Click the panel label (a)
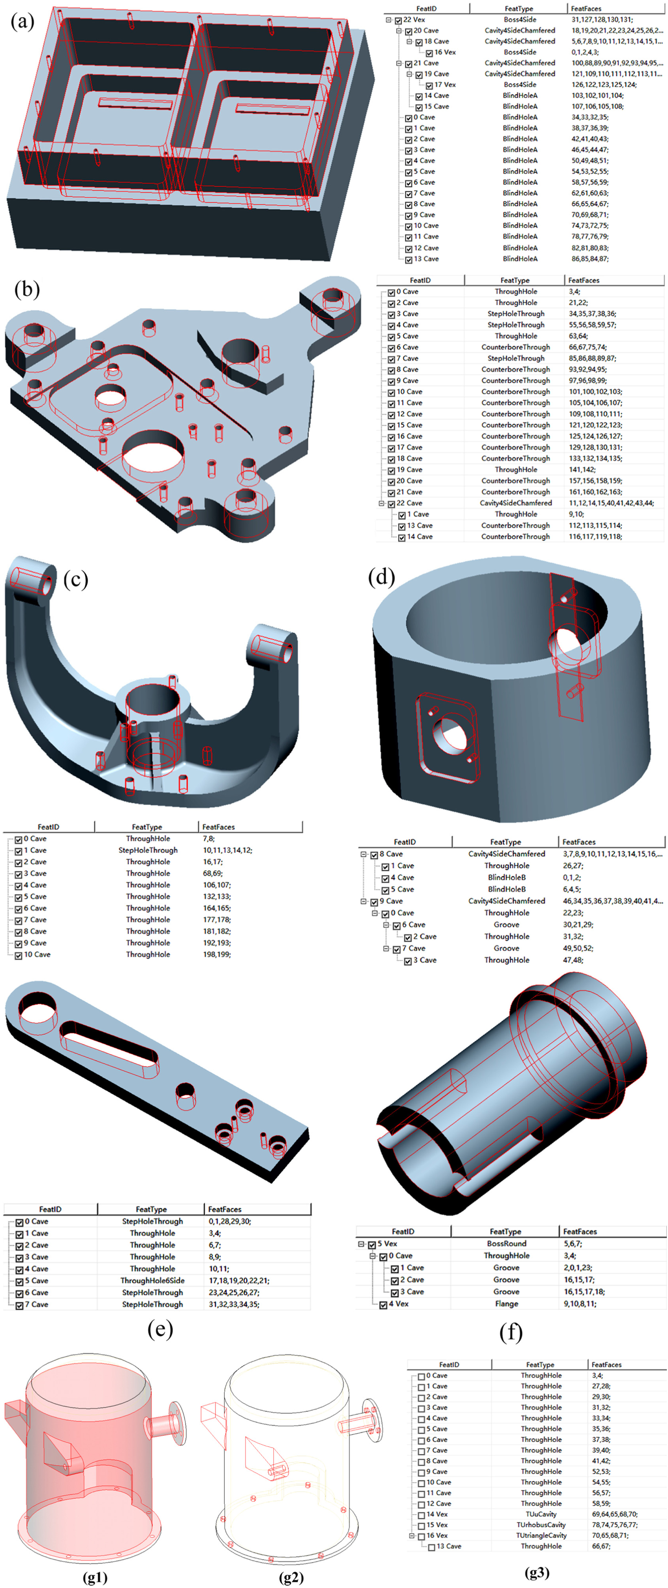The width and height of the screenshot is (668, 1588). [23, 23]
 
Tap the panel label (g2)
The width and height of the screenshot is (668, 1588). [291, 1577]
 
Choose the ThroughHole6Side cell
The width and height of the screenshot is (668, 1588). [152, 1280]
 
